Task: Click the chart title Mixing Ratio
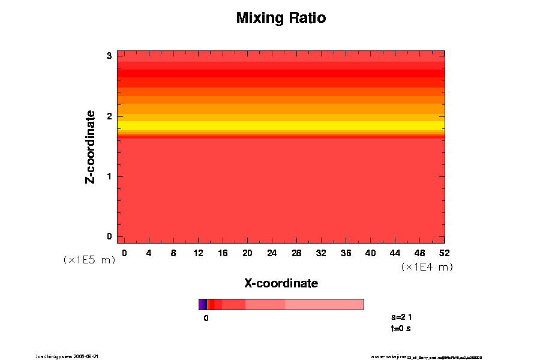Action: tap(281, 18)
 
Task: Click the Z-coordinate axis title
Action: tap(91, 147)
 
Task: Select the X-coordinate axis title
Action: tap(281, 283)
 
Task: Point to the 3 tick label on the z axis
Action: tap(110, 56)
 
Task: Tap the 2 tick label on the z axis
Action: tap(110, 116)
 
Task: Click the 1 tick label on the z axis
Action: tap(110, 176)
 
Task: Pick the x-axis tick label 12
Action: tap(198, 253)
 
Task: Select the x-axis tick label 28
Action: tap(296, 253)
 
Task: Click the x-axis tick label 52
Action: tap(445, 253)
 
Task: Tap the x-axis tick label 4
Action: tap(149, 253)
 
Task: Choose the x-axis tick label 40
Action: tap(371, 253)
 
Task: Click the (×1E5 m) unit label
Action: tap(89, 260)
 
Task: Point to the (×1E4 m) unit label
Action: tap(427, 267)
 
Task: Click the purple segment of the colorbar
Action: tap(202, 304)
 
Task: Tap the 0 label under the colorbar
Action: tap(206, 319)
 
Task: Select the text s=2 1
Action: tap(401, 317)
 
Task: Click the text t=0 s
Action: tap(400, 328)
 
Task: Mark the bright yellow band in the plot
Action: tap(281, 125)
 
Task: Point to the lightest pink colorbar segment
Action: tap(324, 304)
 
